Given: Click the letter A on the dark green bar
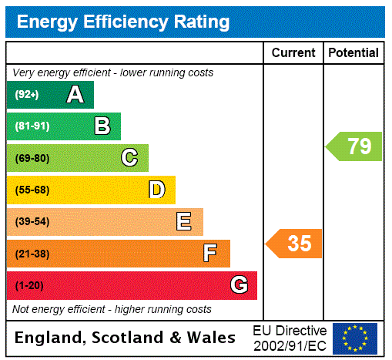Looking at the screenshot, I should tap(75, 95).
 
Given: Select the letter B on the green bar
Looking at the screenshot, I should tap(102, 126).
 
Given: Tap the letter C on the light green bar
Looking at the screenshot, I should tap(129, 158).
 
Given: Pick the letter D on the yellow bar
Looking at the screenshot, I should tap(156, 190).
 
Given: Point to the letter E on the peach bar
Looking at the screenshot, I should tap(183, 222).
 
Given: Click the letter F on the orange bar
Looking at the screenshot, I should tap(210, 253).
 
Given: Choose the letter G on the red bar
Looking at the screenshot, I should tap(239, 285).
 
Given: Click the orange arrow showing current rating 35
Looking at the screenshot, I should tap(294, 244).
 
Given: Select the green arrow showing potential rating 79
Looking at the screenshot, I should tap(354, 146).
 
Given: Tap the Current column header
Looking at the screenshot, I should tap(293, 53).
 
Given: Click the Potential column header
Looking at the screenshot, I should tap(353, 53).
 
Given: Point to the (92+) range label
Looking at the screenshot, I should tap(27, 96).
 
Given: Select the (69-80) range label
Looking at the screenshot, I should tap(32, 159).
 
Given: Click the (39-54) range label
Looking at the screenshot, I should tap(32, 222).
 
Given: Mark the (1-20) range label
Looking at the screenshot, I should tap(29, 286).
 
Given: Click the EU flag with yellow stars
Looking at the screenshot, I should tap(355, 338).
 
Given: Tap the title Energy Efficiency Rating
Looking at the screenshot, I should tap(123, 22).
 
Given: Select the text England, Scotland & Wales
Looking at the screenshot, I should tap(126, 338).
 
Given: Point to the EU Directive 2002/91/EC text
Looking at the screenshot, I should tap(290, 338).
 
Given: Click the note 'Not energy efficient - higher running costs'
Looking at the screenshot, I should tap(112, 309).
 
